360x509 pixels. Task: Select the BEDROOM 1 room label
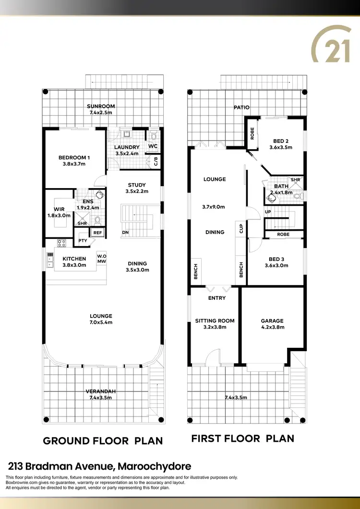pyautogui.click(x=74, y=157)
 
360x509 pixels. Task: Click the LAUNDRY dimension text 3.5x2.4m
pyautogui.click(x=127, y=154)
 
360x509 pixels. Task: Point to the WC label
pyautogui.click(x=153, y=146)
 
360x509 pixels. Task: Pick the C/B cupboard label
pyautogui.click(x=156, y=161)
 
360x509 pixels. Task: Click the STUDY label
pyautogui.click(x=137, y=185)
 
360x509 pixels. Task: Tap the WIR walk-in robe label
pyautogui.click(x=60, y=209)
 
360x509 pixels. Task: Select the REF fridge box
pyautogui.click(x=98, y=233)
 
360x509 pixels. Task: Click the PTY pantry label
pyautogui.click(x=83, y=241)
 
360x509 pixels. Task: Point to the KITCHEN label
pyautogui.click(x=74, y=259)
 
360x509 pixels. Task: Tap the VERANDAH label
pyautogui.click(x=101, y=391)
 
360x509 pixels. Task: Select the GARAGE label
pyautogui.click(x=272, y=321)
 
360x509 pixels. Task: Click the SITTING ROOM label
pyautogui.click(x=215, y=321)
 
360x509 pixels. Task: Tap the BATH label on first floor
pyautogui.click(x=281, y=186)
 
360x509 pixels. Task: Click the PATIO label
pyautogui.click(x=241, y=107)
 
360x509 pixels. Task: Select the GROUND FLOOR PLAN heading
pyautogui.click(x=103, y=440)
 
